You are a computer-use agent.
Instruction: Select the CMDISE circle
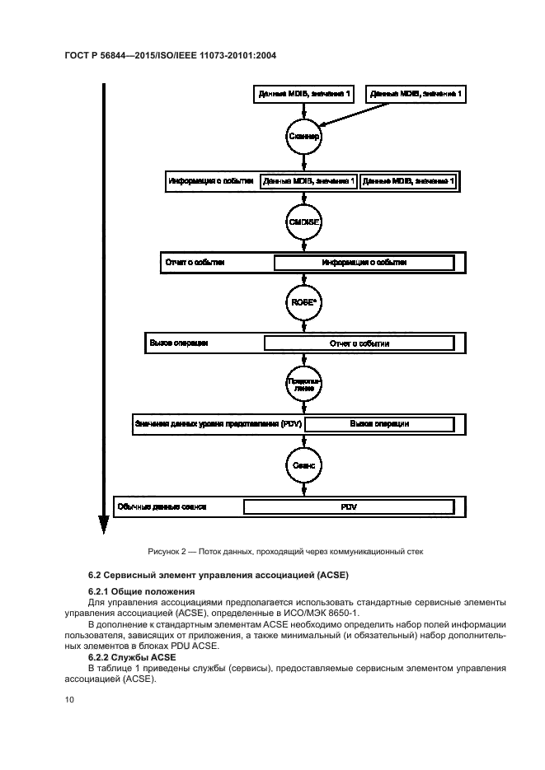[303, 222]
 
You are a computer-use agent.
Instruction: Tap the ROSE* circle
[303, 301]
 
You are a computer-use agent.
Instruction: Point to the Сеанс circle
[303, 464]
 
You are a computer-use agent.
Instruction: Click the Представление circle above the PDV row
[303, 383]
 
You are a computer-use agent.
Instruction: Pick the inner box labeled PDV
[349, 506]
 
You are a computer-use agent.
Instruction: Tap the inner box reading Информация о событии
[364, 262]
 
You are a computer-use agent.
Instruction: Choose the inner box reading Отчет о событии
[359, 343]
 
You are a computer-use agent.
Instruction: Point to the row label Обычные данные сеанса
[162, 506]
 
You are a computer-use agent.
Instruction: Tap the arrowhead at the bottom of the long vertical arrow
[104, 525]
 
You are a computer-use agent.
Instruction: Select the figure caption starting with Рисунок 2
[273, 552]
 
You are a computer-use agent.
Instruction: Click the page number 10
[69, 698]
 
